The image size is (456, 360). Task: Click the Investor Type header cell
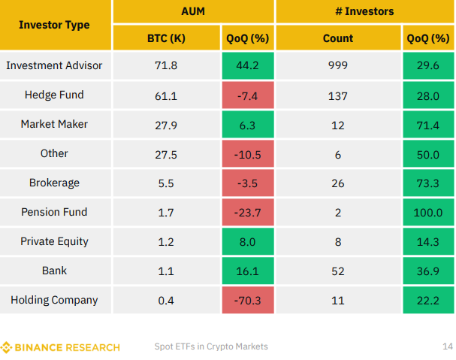[56, 25]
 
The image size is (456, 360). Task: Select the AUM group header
[193, 11]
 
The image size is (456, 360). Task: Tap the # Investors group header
[364, 11]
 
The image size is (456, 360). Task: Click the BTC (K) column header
[166, 38]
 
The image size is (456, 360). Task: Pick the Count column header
[338, 38]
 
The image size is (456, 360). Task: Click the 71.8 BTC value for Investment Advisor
[166, 65]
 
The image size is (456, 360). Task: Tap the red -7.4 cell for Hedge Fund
[248, 95]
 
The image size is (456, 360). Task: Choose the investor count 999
[338, 65]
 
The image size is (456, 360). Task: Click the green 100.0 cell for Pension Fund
[428, 212]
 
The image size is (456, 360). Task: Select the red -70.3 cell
[248, 300]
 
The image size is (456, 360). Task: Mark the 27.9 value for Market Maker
[166, 125]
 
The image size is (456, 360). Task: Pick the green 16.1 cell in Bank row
[248, 271]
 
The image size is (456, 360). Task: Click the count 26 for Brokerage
[338, 183]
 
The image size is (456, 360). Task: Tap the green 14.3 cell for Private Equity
[428, 241]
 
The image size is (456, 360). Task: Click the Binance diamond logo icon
[6, 347]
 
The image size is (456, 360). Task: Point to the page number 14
[448, 346]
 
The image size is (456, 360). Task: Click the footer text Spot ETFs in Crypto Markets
[211, 346]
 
